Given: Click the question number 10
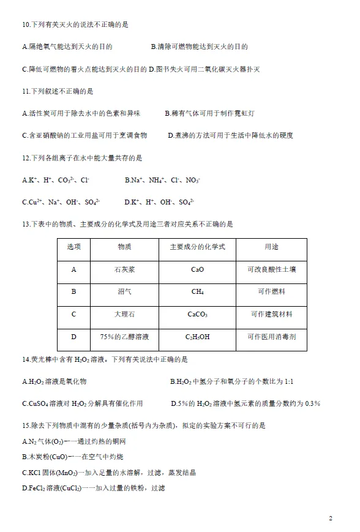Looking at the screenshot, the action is pos(26,24).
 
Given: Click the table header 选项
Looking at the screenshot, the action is pos(73,247).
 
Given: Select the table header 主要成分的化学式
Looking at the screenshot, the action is pos(197,247).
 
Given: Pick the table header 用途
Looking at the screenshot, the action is pos(271,247).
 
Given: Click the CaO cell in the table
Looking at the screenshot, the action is pos(197,269).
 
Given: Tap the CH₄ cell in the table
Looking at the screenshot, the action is pos(197,292).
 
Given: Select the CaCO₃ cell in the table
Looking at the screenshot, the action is pos(197,315).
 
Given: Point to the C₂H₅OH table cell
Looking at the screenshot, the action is pos(197,337).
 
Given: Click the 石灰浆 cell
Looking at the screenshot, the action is pos(124,269).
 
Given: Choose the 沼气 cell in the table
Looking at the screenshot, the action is pos(124,292).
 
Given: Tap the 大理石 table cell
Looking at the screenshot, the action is pos(124,315).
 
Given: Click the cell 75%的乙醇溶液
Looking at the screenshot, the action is pos(124,337).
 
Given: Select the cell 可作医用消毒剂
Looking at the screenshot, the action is pos(271,337).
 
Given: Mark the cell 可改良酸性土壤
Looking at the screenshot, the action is pos(271,269).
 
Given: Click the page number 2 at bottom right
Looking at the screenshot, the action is pos(331,519).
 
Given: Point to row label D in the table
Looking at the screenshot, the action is pos(73,337).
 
